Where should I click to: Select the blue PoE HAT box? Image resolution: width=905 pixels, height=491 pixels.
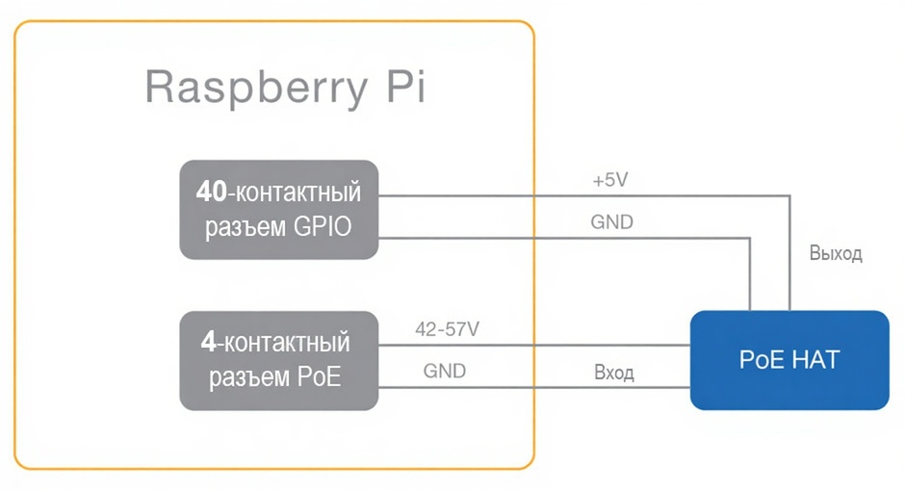tap(789, 360)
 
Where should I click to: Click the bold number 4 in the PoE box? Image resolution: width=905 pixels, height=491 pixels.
tap(206, 342)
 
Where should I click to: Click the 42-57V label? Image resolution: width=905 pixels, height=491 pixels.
tap(446, 329)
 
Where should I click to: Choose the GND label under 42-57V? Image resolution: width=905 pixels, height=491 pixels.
tap(444, 371)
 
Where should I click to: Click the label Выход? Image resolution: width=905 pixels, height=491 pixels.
tap(835, 254)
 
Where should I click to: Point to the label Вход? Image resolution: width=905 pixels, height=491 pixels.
tap(613, 373)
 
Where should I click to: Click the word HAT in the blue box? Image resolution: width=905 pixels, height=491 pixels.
tap(814, 360)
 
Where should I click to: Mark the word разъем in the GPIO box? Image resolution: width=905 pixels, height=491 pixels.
tap(240, 227)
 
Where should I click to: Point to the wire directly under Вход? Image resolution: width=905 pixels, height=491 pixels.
tap(613, 388)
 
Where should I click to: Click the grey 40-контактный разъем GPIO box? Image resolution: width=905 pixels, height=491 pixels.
tap(279, 209)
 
